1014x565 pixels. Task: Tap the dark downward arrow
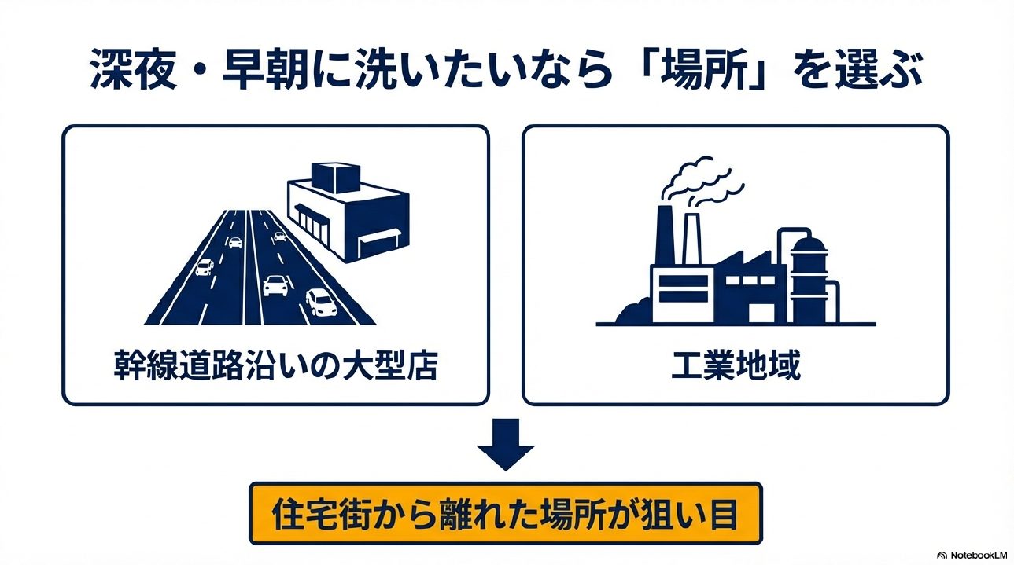coord(506,444)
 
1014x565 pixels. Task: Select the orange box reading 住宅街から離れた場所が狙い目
coord(506,514)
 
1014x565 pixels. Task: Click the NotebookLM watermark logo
coord(942,555)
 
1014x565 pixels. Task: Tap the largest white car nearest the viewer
coord(319,301)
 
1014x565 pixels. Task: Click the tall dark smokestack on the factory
coord(666,236)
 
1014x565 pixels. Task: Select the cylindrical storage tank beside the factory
coord(809,279)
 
